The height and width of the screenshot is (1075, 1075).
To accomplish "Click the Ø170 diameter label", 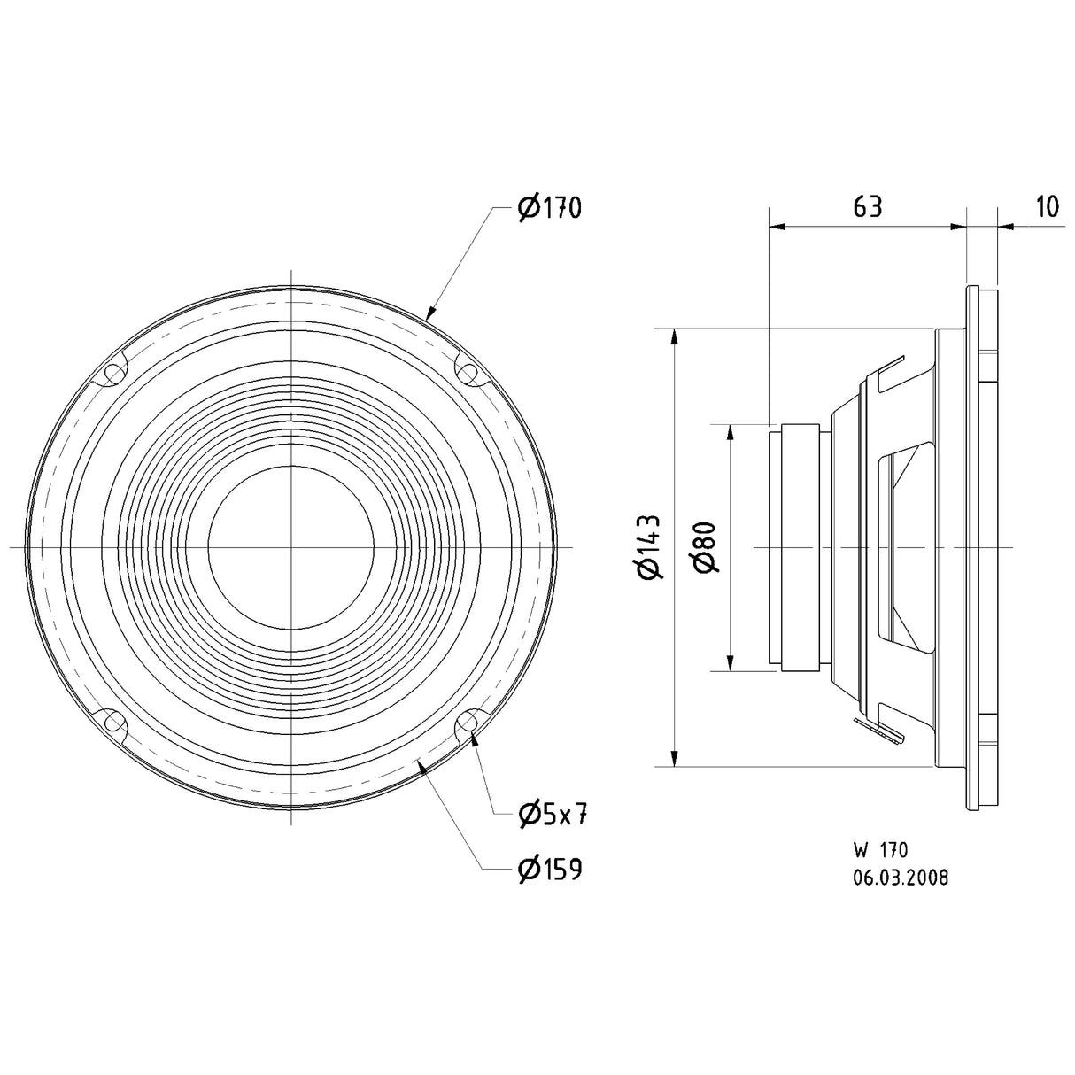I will coord(549,209).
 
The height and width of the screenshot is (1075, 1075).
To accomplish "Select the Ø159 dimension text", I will coord(549,870).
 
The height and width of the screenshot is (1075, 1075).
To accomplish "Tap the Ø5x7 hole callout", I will coord(553,814).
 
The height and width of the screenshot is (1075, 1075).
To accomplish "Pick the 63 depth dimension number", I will coord(867,207).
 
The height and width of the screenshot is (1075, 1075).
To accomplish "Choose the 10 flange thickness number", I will coord(1046,207).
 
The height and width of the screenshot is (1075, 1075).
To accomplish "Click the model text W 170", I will coord(880,851).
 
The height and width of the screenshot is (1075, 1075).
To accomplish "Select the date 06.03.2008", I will coord(901,878).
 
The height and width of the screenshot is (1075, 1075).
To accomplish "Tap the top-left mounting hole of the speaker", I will coord(114,373).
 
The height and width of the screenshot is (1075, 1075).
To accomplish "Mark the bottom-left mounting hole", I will coord(114,723).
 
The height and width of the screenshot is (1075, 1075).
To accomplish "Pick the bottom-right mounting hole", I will coord(467,724).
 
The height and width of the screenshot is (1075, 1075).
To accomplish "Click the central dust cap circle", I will coord(291,548).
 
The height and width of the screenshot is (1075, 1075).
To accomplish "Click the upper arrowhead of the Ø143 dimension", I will coord(676,337).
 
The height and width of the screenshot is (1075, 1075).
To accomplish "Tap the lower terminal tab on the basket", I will coord(881,728).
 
